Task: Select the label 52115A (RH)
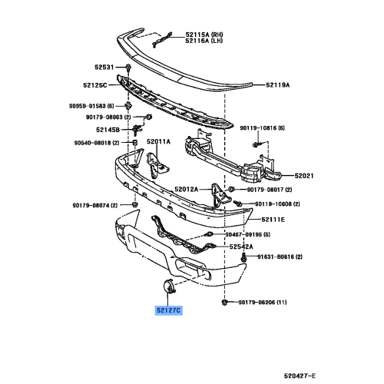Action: (x=204, y=35)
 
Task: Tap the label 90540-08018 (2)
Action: (x=98, y=143)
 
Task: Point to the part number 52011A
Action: (x=158, y=142)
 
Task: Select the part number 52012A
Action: (x=186, y=189)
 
